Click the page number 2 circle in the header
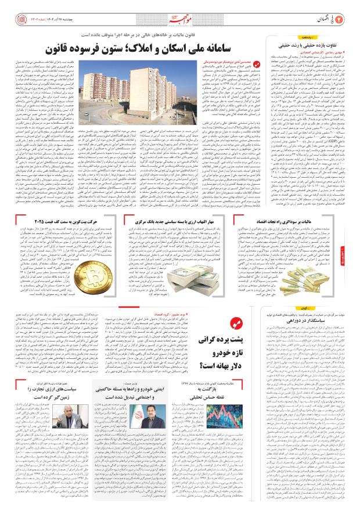(x=348, y=10)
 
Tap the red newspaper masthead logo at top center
(x=181, y=10)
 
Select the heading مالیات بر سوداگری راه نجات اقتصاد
(x=297, y=206)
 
